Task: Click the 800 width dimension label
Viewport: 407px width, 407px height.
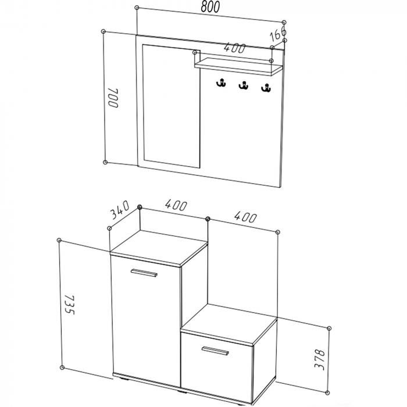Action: [210, 7]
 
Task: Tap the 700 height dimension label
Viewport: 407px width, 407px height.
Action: [113, 98]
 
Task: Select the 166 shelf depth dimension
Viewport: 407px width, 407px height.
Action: [278, 34]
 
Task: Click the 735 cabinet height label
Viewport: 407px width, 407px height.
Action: [69, 305]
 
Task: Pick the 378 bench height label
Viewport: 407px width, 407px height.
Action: [320, 360]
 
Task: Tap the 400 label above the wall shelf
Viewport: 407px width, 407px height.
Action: [234, 48]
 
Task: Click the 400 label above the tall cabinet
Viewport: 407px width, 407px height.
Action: [176, 205]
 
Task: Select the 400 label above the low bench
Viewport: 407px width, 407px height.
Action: [245, 217]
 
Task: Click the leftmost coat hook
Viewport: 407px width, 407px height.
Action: [221, 83]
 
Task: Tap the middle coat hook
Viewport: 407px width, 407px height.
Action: [243, 85]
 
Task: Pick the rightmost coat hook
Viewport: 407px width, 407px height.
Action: [266, 88]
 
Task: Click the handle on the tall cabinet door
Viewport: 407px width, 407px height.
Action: [144, 273]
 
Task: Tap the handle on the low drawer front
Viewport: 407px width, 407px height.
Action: [215, 351]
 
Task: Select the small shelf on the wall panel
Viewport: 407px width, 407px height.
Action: [238, 66]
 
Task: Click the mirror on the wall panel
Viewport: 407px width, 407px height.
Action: [172, 106]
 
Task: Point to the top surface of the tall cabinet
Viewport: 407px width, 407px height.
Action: [159, 248]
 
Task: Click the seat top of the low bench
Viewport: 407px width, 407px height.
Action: [229, 324]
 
